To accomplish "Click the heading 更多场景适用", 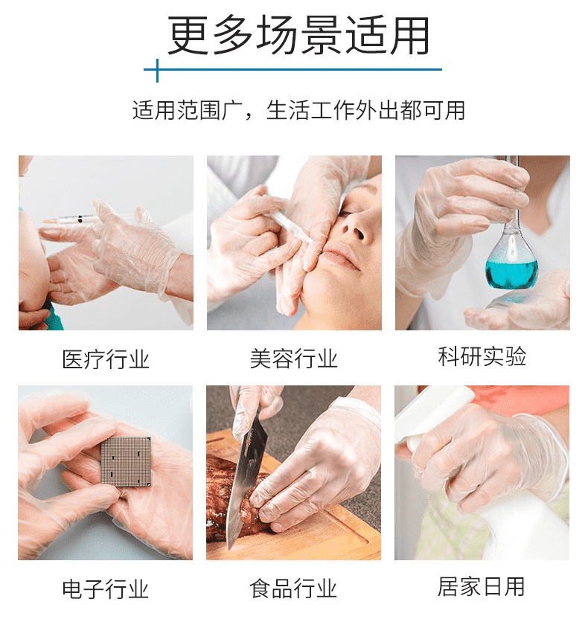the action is [x=298, y=36].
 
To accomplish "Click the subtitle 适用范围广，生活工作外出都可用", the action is [x=298, y=110].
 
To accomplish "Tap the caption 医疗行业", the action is [x=106, y=359].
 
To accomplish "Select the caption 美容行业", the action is [x=294, y=359].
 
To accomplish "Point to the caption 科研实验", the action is [x=482, y=356].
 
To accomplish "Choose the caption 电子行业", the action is [x=106, y=589].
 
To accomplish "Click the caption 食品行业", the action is [x=293, y=588].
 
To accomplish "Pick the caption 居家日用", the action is [x=481, y=586].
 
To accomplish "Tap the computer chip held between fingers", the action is [x=126, y=461].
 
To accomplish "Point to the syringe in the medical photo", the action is [x=71, y=219].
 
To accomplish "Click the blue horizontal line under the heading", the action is [x=293, y=69].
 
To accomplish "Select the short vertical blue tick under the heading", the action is [x=157, y=71].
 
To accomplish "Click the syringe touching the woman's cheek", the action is [x=292, y=226].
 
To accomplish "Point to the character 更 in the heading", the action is [x=188, y=36].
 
